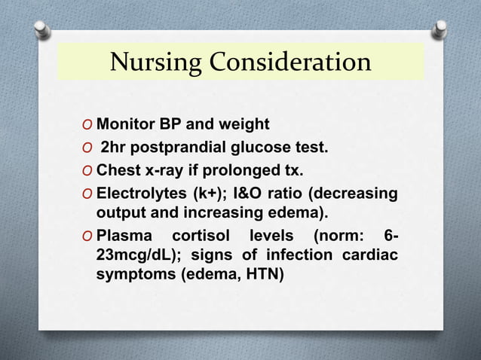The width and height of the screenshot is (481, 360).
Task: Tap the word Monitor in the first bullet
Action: (124, 123)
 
